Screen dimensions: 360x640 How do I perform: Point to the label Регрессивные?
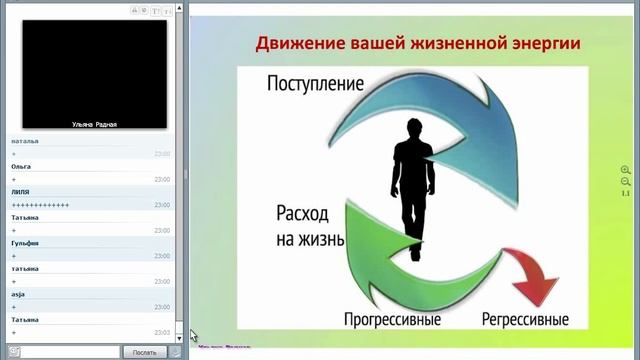pos(525,320)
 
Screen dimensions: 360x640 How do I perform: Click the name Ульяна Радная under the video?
pos(95,124)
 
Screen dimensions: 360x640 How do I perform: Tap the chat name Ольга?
pos(21,166)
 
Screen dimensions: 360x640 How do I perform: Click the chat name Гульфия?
pos(25,243)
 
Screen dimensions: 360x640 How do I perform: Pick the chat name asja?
pos(18,294)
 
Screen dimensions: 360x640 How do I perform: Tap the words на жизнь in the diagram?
pos(310,239)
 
